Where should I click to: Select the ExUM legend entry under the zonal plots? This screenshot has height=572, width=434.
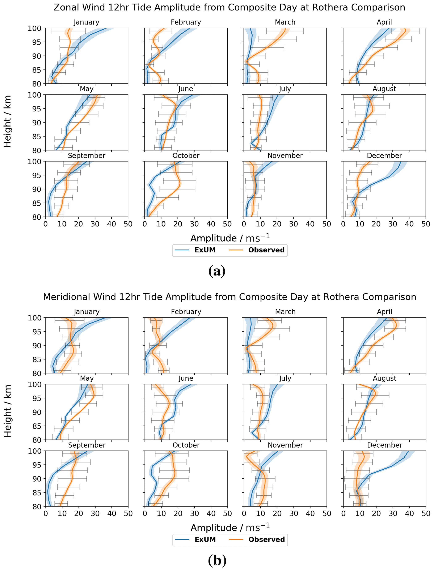[x=205, y=250]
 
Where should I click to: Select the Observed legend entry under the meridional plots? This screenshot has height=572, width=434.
[x=266, y=540]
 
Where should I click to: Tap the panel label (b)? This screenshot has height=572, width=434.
[x=217, y=560]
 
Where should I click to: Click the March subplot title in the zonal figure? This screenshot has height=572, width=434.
[x=285, y=22]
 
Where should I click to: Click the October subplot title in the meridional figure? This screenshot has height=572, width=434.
[x=186, y=445]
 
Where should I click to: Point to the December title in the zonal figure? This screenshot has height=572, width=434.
[x=384, y=156]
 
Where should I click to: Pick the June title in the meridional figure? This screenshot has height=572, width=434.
[x=186, y=378]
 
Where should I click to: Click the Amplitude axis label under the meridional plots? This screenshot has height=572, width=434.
[x=230, y=528]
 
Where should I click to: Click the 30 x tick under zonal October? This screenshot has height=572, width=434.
[x=194, y=224]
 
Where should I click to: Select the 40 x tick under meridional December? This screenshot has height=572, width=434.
[x=409, y=513]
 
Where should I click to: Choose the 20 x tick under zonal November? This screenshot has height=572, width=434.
[x=277, y=224]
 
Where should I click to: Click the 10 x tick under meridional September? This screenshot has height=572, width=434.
[x=62, y=513]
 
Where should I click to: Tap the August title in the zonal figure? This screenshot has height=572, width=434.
[x=384, y=89]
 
